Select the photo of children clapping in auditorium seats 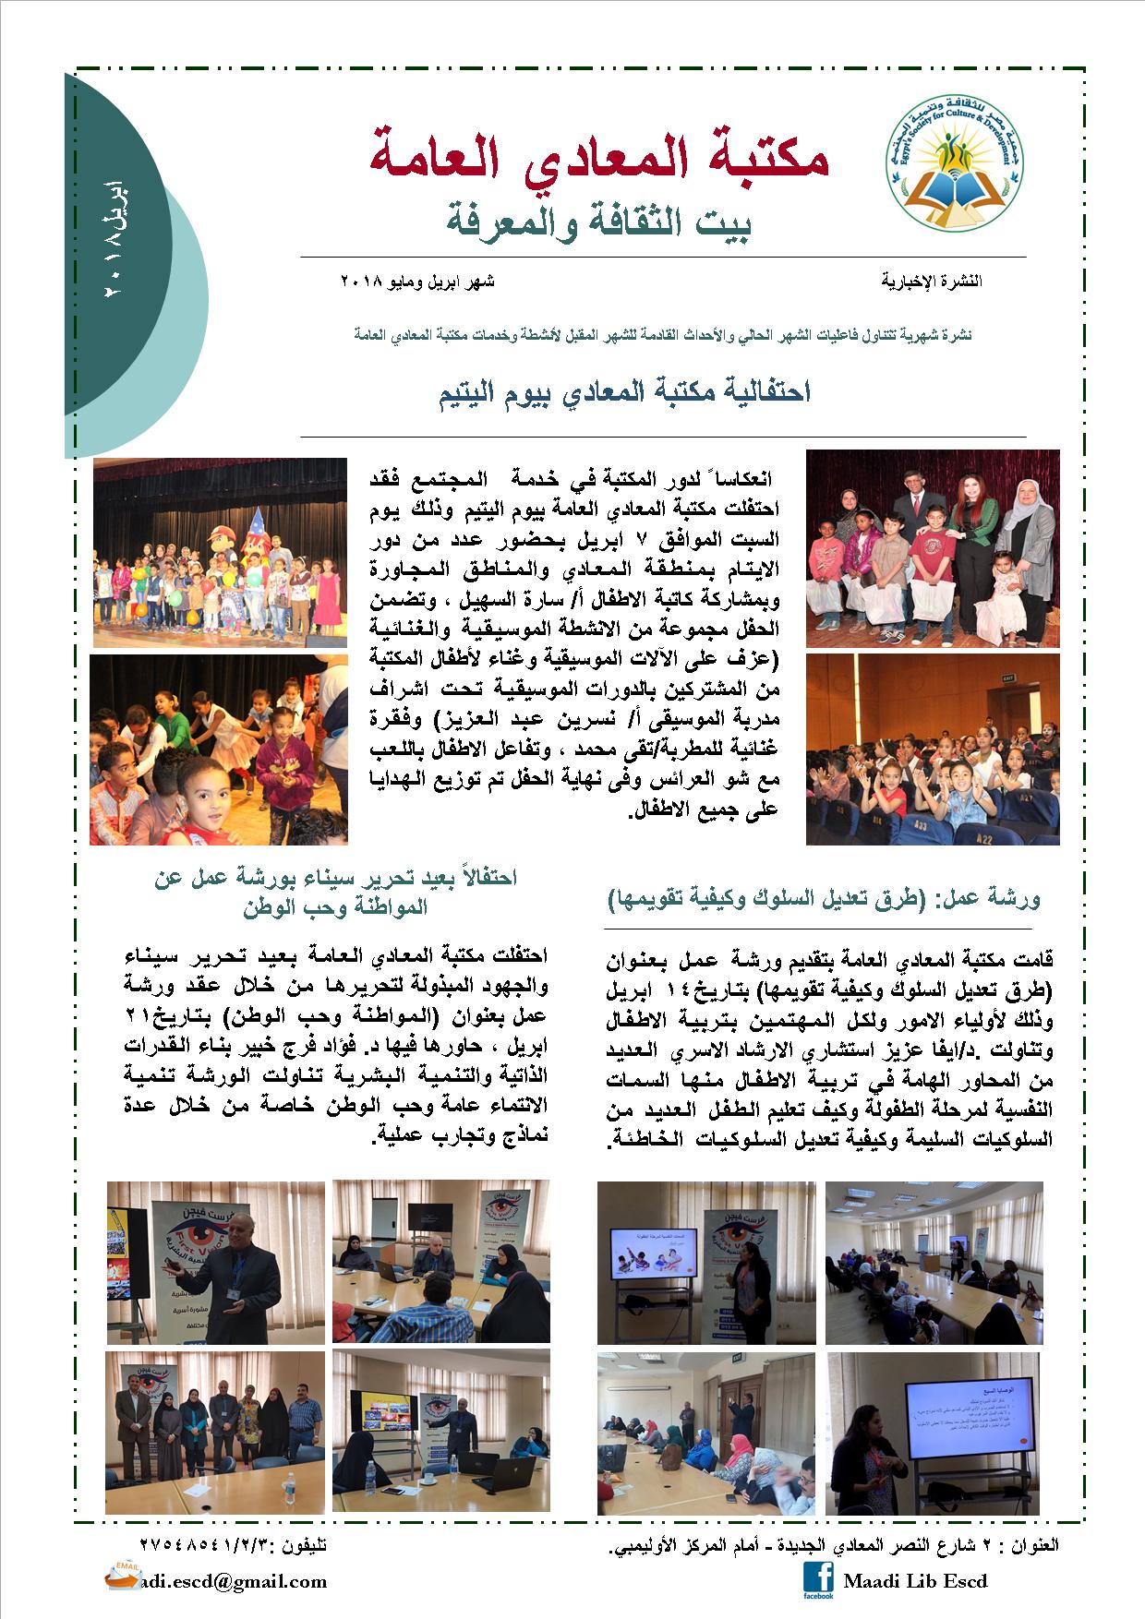coord(933,750)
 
